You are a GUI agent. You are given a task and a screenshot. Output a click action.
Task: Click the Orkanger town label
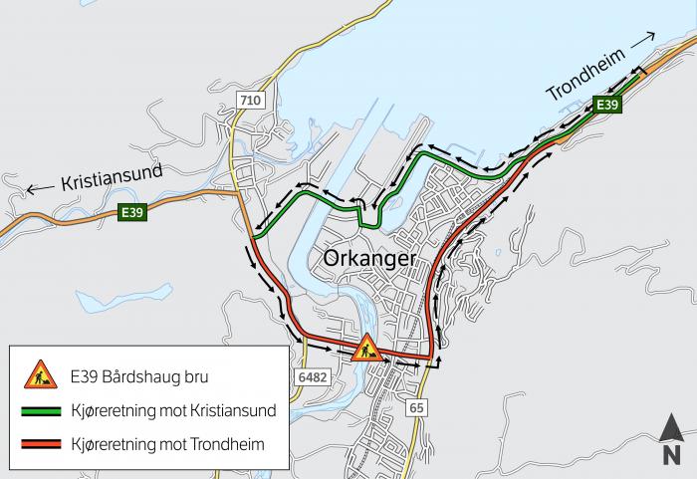369,259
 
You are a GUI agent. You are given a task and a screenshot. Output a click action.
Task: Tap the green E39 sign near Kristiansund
131,212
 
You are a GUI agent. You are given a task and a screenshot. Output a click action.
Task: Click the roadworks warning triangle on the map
366,347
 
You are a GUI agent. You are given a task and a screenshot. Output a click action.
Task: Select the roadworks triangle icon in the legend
40,375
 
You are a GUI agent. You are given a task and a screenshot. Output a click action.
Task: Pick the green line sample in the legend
40,410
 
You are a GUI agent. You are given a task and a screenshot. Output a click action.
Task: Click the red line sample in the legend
40,444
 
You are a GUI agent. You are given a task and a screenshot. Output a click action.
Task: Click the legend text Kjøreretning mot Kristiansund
172,410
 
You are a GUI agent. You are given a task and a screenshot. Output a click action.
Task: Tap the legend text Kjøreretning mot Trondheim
167,444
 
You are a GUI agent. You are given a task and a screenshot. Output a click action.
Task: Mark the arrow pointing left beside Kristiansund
39,188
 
